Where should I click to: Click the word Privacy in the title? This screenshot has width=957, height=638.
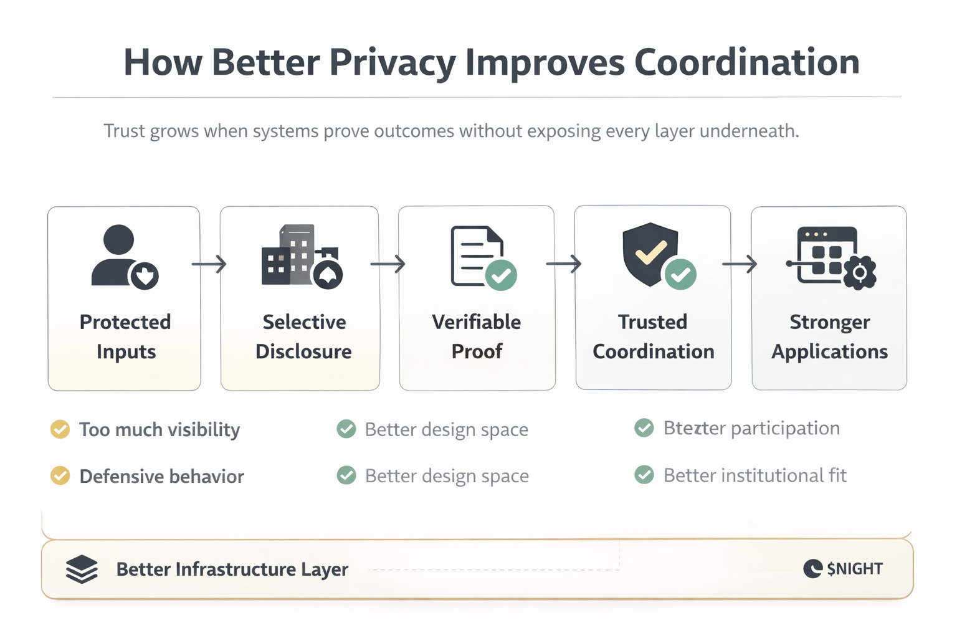(393, 62)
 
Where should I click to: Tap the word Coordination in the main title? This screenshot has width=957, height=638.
(746, 62)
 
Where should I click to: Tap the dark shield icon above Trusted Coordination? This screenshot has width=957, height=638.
(650, 253)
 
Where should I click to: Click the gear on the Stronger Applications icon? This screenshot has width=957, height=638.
(860, 272)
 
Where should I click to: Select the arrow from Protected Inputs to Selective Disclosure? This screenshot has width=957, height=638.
(209, 264)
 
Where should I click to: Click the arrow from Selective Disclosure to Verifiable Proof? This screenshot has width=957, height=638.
(388, 264)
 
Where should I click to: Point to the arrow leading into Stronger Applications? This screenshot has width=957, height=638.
(740, 264)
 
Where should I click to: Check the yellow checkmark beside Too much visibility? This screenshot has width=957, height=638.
(60, 429)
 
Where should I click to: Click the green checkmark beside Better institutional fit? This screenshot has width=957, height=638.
(644, 475)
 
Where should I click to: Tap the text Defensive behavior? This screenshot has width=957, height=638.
(161, 477)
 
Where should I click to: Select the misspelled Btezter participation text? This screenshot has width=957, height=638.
(751, 429)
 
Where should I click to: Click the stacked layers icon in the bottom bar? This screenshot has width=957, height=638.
(82, 569)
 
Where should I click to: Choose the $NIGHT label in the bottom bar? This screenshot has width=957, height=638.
(855, 569)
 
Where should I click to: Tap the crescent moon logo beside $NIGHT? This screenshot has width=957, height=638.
(812, 568)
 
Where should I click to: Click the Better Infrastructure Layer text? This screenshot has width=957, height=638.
(232, 569)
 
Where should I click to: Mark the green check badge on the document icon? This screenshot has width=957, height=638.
(501, 275)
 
